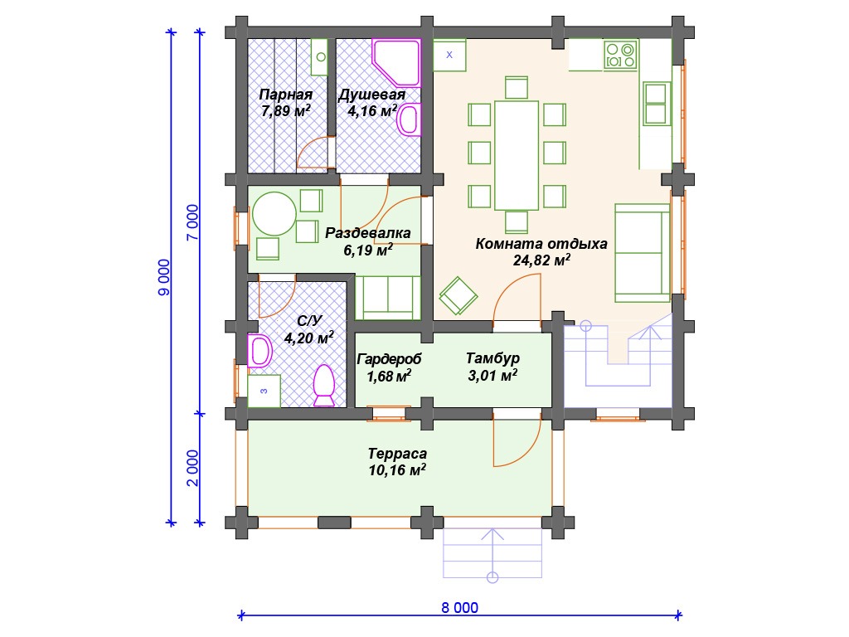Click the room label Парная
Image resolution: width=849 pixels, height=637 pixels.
click(285, 95)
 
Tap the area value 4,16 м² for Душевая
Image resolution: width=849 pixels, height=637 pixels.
click(372, 112)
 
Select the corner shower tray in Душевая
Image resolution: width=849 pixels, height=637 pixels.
click(397, 62)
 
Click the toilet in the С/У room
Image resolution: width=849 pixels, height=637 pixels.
click(324, 386)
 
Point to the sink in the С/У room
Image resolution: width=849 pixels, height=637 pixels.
click(260, 351)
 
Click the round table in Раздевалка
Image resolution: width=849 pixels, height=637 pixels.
click(274, 214)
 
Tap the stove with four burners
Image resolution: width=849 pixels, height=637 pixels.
click(620, 55)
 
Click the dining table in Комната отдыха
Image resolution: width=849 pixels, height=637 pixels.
click(517, 155)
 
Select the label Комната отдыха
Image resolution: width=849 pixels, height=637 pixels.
click(541, 244)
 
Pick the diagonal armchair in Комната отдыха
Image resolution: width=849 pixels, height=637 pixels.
click(458, 296)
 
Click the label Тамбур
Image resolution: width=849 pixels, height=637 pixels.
click(492, 358)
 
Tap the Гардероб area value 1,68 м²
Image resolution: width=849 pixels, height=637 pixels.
click(389, 376)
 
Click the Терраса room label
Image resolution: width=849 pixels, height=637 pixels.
click(397, 454)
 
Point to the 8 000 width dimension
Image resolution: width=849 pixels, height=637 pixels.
click(459, 608)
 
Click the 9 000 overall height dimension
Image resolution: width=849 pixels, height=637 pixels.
click(164, 277)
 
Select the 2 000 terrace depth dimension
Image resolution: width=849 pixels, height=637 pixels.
click(193, 468)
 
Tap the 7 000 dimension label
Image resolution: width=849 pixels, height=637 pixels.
click(193, 222)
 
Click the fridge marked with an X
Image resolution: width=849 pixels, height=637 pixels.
click(449, 55)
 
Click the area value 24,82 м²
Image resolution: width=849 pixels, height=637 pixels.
click(541, 260)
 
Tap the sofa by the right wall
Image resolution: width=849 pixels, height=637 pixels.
click(643, 253)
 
